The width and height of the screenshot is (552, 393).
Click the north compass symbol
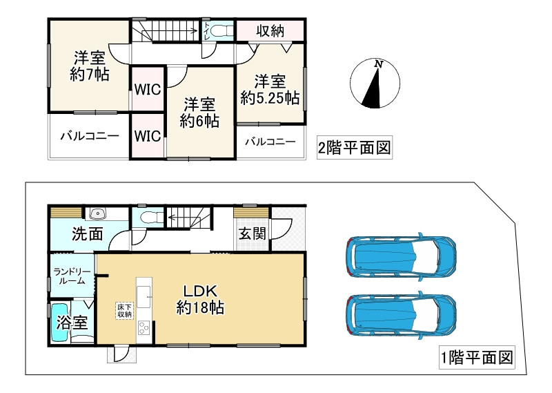click(375, 85)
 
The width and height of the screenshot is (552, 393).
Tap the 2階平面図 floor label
click(353, 148)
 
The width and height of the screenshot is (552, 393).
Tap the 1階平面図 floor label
click(477, 358)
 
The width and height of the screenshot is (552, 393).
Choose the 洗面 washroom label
click(88, 234)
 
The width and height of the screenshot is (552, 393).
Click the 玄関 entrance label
click(253, 233)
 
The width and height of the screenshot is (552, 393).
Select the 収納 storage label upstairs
click(270, 31)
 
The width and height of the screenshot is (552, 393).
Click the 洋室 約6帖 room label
click(200, 113)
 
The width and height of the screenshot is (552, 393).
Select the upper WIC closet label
click(147, 90)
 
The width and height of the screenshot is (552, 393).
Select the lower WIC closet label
click(147, 135)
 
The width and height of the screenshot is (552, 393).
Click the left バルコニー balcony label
click(88, 135)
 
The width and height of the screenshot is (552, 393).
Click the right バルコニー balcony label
click(270, 142)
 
